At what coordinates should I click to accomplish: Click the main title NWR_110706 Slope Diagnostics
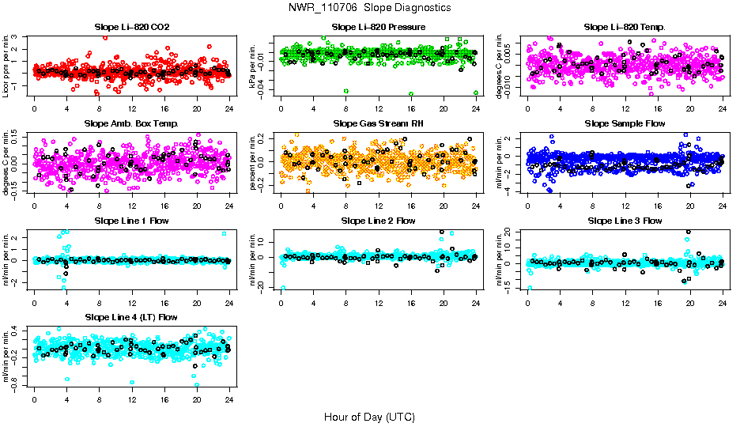click(x=370, y=7)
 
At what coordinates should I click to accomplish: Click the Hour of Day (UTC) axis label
click(x=369, y=416)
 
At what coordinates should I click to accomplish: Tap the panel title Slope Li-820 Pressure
click(x=378, y=27)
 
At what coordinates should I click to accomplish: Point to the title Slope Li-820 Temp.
click(x=625, y=27)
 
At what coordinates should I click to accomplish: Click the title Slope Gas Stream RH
click(x=378, y=124)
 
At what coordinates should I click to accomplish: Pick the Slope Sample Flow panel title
click(x=625, y=124)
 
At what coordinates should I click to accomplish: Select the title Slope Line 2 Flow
click(x=378, y=221)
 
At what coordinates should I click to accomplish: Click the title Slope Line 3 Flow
click(x=625, y=221)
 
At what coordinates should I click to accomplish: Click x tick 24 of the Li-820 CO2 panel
click(x=229, y=108)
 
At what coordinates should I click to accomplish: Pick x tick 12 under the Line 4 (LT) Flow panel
click(x=131, y=399)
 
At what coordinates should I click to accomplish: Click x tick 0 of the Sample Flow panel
click(x=527, y=205)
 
